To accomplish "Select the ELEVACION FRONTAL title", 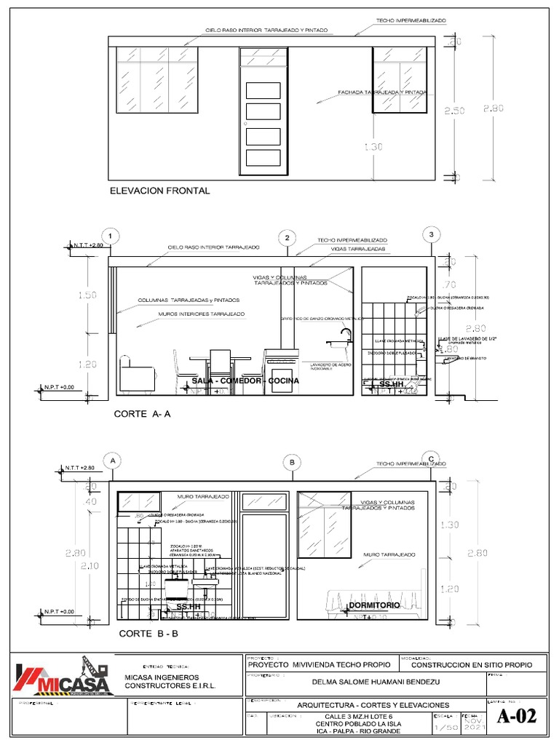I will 159,191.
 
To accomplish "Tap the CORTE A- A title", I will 142,414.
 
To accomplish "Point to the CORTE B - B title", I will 148,634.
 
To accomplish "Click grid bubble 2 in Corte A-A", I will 288,238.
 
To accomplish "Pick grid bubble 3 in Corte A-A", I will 432,234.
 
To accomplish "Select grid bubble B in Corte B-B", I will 292,462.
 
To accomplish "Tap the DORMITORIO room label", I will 374,605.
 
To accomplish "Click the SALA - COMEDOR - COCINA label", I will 235,381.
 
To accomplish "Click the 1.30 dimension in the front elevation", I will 373,147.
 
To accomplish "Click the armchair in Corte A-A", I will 138,374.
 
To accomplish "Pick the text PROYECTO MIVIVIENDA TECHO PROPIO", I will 320,664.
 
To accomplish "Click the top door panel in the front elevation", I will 263,89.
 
